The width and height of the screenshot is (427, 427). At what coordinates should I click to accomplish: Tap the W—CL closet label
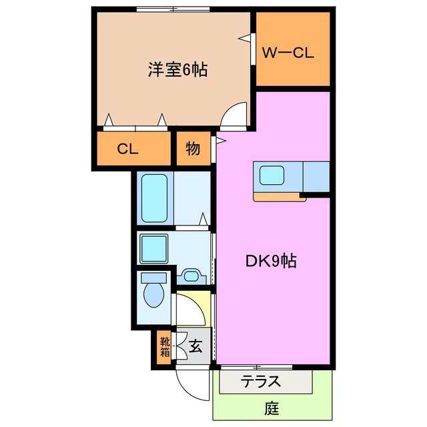(288, 52)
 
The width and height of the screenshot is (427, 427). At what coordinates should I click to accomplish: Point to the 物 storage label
(193, 149)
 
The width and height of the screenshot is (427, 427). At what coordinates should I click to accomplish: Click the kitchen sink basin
(273, 176)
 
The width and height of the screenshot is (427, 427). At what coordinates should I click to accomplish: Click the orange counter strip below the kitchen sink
(279, 196)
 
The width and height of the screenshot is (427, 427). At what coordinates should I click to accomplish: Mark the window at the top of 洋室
(173, 9)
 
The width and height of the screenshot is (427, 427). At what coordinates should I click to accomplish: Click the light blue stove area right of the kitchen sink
(317, 176)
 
